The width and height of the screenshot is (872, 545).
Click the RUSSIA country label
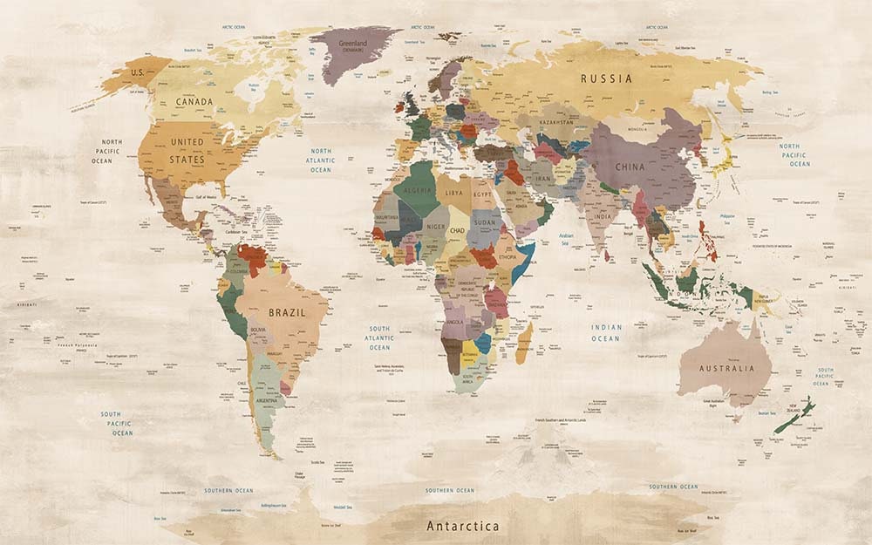[606, 78]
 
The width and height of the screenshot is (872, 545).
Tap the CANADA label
[194, 101]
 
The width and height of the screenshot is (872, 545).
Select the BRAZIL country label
[286, 311]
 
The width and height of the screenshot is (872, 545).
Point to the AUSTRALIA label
[727, 368]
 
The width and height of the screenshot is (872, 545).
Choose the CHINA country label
[630, 166]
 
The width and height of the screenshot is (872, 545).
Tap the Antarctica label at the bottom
[462, 526]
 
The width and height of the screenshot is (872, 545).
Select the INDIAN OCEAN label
[606, 333]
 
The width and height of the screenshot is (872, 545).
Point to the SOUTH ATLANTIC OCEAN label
[379, 338]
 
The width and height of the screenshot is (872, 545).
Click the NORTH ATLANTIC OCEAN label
[321, 160]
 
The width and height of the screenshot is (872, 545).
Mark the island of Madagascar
[524, 343]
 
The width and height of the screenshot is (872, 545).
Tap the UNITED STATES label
[187, 151]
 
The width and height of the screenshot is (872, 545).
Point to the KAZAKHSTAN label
[556, 123]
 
